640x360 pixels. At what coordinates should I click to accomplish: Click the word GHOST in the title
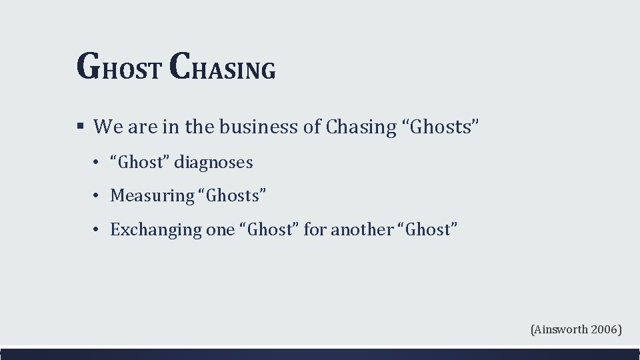click(x=118, y=67)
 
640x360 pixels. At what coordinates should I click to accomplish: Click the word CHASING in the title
click(x=223, y=67)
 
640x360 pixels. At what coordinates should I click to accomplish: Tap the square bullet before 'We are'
click(x=80, y=125)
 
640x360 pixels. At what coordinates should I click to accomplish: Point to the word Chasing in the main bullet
click(x=361, y=127)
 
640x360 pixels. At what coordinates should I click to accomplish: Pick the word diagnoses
click(x=214, y=162)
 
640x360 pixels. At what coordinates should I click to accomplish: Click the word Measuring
click(x=151, y=195)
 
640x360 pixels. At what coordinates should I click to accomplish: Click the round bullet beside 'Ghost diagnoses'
click(x=97, y=163)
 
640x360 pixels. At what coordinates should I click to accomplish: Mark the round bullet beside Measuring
click(x=97, y=196)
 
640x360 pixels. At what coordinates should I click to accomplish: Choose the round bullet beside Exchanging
click(x=97, y=230)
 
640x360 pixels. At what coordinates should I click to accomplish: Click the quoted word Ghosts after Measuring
click(x=233, y=195)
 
